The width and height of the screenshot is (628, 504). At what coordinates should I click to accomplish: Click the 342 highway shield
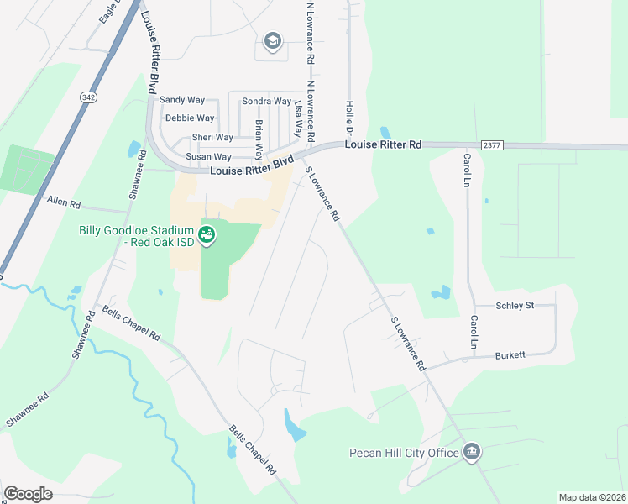87,98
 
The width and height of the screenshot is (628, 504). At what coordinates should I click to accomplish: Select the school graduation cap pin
272,41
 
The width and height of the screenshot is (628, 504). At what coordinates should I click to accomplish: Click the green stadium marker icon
207,235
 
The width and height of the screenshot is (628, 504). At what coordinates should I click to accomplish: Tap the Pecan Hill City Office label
405,454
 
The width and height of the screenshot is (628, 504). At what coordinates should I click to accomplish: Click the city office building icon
472,453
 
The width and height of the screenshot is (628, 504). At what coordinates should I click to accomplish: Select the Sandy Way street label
182,100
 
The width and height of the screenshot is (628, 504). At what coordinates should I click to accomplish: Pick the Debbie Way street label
190,118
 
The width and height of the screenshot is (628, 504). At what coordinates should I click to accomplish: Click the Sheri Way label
212,138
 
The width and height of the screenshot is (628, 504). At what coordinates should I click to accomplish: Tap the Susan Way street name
208,157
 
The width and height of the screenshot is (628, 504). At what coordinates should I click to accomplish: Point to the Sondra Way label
266,102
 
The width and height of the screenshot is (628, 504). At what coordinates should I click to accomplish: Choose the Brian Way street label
259,134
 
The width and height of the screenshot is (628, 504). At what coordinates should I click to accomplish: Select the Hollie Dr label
349,118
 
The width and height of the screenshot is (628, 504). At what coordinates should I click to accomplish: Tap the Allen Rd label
64,202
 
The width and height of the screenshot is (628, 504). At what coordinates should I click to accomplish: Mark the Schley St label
515,305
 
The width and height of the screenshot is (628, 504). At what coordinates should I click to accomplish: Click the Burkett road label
510,355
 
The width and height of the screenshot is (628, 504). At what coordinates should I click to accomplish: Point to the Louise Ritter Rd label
384,144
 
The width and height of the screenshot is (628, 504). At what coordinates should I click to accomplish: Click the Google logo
28,494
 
